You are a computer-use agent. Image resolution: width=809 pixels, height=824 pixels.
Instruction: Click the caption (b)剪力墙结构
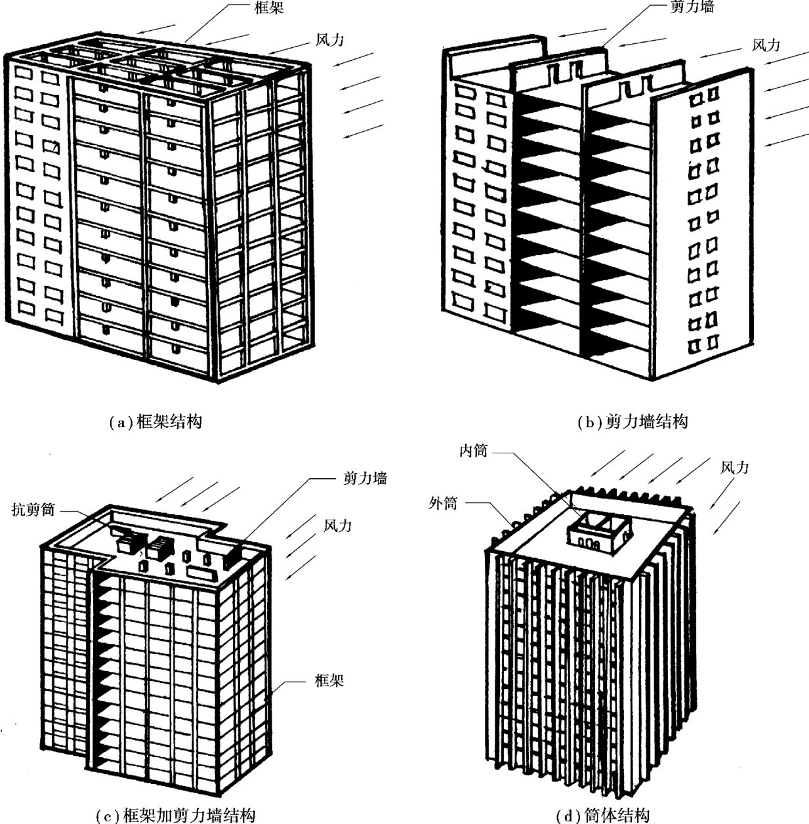point(633,422)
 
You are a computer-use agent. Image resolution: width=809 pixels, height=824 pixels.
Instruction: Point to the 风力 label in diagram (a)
point(330,40)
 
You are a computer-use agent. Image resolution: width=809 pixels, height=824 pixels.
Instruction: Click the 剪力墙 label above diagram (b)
point(692,7)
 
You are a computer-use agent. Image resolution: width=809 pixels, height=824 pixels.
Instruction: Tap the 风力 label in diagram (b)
point(766,45)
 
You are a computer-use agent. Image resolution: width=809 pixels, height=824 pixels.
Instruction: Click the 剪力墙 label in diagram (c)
point(365,478)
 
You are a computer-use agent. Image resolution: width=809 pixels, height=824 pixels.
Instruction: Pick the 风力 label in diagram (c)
point(337,525)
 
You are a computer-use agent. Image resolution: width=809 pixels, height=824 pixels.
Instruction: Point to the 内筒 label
point(474,451)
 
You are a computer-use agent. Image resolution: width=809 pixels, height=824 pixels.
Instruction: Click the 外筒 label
point(443,504)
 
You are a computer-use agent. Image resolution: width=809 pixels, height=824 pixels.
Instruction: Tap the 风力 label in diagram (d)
point(734,467)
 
